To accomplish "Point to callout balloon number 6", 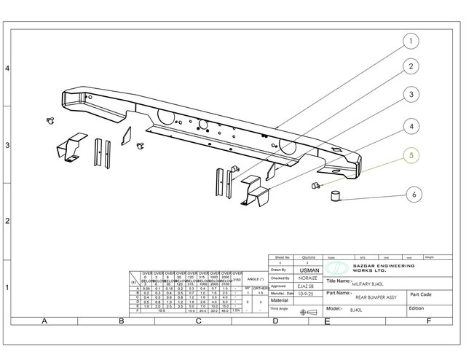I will (414, 194).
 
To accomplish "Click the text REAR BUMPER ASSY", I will (355, 297).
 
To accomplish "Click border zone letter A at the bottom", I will (44, 321).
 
